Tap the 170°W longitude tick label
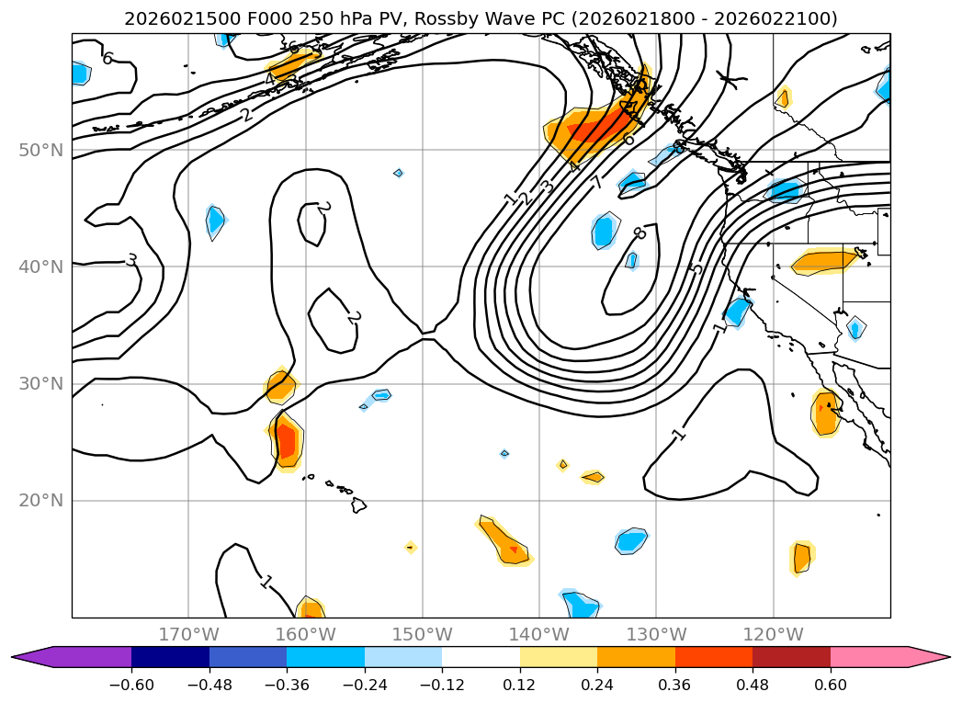[x=188, y=634]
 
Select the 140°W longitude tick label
[x=539, y=634]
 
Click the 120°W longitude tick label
[x=773, y=634]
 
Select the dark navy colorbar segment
[x=170, y=657]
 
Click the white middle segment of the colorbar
[x=481, y=657]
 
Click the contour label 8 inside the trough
[x=639, y=233]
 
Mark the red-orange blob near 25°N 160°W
[x=287, y=442]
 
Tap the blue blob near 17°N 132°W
[x=631, y=540]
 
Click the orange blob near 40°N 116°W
[x=822, y=262]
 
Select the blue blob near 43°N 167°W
[x=215, y=221]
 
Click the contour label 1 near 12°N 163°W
[x=266, y=581]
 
